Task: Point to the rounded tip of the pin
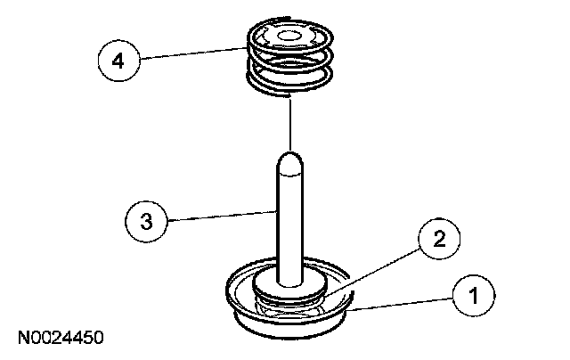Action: pyautogui.click(x=290, y=162)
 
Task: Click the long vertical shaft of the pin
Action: pyautogui.click(x=290, y=223)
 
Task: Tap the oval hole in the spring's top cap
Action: pyautogui.click(x=289, y=38)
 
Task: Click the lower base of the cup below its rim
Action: pyautogui.click(x=289, y=323)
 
